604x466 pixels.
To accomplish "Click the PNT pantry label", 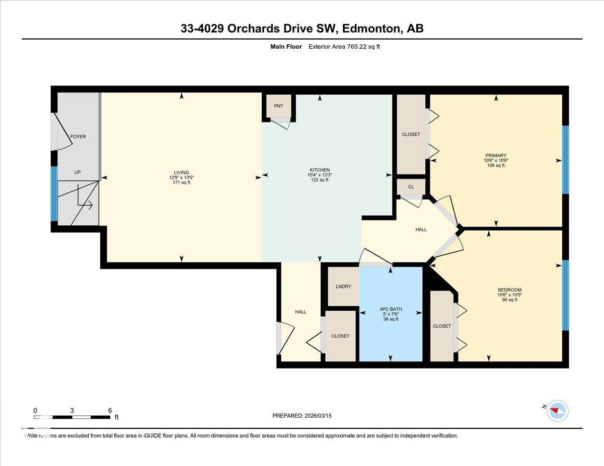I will [278, 106].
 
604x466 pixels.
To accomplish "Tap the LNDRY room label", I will [343, 287].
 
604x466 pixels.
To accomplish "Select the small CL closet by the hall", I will [411, 187].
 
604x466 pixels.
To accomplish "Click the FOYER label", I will [78, 137].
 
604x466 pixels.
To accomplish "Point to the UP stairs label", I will [78, 172].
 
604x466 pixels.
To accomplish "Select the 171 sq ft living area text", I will [182, 182].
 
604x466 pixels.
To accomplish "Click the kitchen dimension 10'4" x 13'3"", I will [320, 175].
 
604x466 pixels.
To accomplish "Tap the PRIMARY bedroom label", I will [496, 155].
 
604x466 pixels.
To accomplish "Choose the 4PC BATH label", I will [390, 309].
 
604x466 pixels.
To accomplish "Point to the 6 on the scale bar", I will [110, 410].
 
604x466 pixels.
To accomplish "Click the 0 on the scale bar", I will [35, 410].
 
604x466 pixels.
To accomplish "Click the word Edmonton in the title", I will [370, 29].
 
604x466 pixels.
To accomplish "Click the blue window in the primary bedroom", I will [565, 159].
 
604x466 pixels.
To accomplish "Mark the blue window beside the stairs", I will [54, 194].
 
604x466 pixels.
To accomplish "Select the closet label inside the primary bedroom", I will [411, 134].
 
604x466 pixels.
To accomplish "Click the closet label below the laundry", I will [340, 336].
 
